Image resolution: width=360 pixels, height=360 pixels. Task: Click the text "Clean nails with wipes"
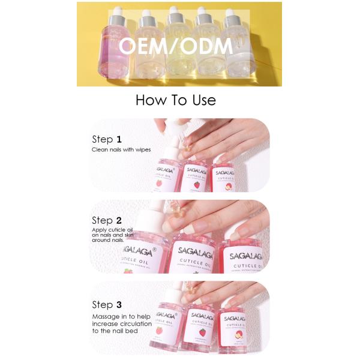121,149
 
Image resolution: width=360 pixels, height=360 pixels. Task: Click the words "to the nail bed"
118,331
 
